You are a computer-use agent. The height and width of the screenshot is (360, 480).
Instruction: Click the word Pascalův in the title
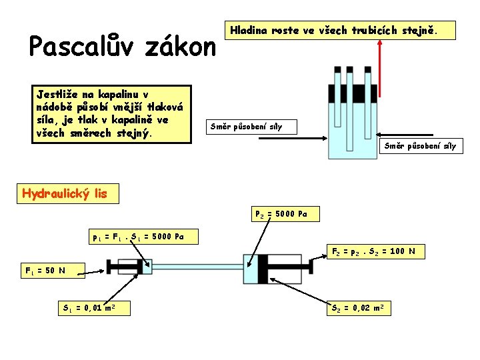pyautogui.click(x=74, y=47)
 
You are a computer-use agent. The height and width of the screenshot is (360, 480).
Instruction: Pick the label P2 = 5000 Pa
pyautogui.click(x=281, y=215)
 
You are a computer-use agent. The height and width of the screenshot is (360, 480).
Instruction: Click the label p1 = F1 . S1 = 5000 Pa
pyautogui.click(x=138, y=236)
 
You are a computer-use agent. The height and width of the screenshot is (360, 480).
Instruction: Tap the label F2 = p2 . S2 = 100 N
pyautogui.click(x=374, y=251)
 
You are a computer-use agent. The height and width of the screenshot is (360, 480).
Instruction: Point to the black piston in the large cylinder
pyautogui.click(x=263, y=270)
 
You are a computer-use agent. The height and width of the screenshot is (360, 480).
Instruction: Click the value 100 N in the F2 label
pyautogui.click(x=403, y=251)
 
